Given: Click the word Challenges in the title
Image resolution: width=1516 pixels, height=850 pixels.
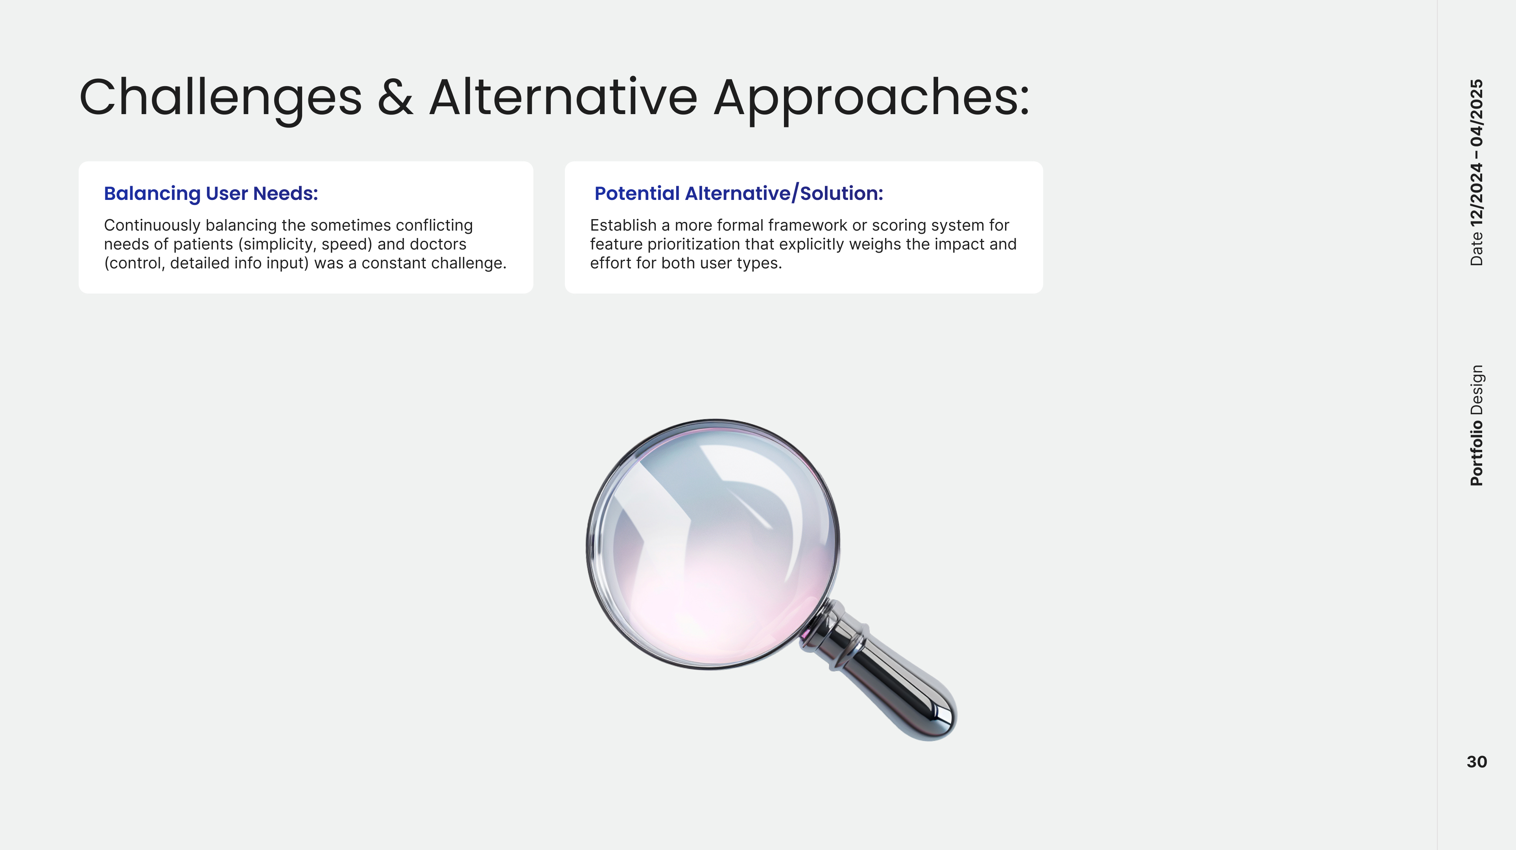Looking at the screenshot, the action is point(221,99).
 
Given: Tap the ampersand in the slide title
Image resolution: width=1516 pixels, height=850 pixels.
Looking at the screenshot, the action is point(395,97).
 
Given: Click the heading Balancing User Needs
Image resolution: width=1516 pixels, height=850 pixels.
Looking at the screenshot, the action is point(211,193).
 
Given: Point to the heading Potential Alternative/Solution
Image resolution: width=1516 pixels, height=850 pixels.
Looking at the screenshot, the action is point(739,193).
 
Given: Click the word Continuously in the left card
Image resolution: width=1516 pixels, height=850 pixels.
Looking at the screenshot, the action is point(152,225).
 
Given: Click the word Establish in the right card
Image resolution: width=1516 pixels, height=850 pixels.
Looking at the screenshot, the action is point(623,225).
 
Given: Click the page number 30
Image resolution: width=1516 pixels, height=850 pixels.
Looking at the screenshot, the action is point(1477,762).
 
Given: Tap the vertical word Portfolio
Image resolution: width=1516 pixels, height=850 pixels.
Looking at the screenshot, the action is point(1477,452).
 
